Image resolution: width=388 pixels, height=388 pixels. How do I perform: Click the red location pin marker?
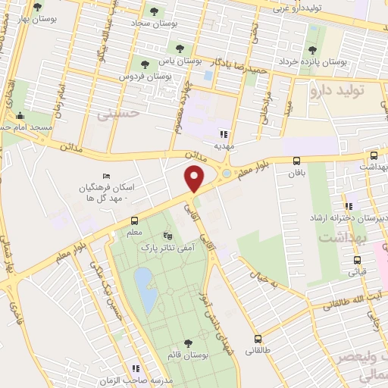tap(195, 179)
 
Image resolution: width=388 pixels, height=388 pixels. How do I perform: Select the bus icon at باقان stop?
tap(296, 160)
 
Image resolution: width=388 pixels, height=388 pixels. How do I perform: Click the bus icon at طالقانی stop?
tap(258, 339)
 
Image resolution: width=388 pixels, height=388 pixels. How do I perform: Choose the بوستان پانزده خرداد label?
tap(312, 61)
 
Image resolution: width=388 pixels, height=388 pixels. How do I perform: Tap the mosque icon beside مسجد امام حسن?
tap(19, 116)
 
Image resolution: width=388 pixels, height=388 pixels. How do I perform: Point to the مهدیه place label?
tap(223, 145)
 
